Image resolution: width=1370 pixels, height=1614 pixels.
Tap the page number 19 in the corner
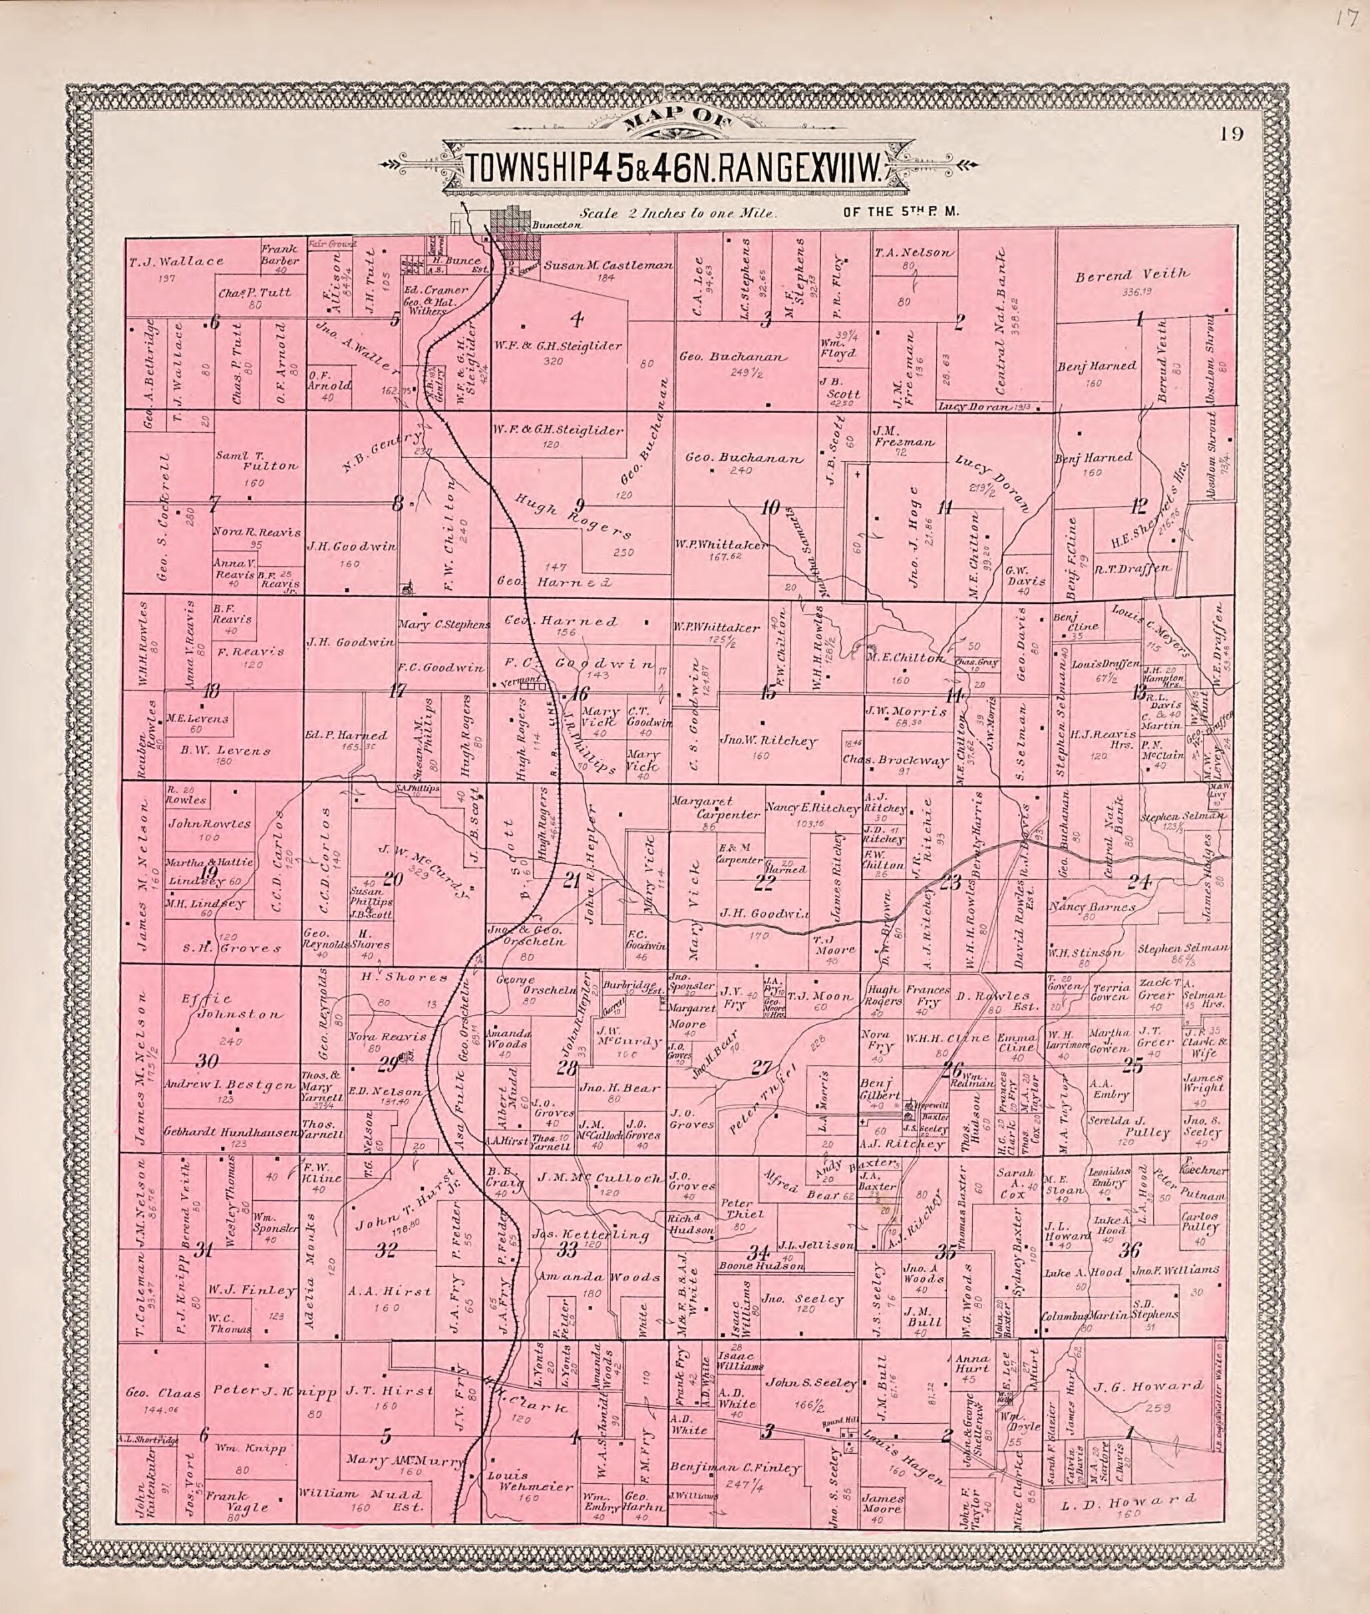click(x=1230, y=134)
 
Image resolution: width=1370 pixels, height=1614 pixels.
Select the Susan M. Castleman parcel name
click(x=607, y=265)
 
